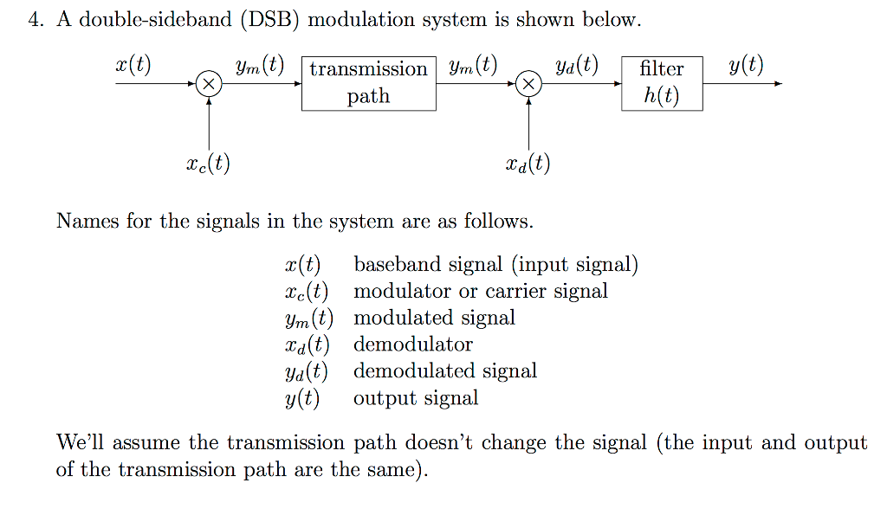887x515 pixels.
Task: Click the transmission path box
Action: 368,83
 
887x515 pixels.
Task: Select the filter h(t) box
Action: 662,83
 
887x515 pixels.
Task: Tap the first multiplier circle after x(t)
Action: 209,84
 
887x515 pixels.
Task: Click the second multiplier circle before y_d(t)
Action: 528,84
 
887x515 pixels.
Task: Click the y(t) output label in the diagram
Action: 746,66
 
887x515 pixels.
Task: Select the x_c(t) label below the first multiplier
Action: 208,163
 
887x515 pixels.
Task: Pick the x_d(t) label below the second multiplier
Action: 528,163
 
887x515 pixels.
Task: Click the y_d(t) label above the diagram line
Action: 577,66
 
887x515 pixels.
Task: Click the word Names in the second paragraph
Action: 87,221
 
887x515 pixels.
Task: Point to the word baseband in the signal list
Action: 393,264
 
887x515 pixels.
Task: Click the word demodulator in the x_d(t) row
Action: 413,344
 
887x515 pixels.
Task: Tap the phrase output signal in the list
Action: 416,398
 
